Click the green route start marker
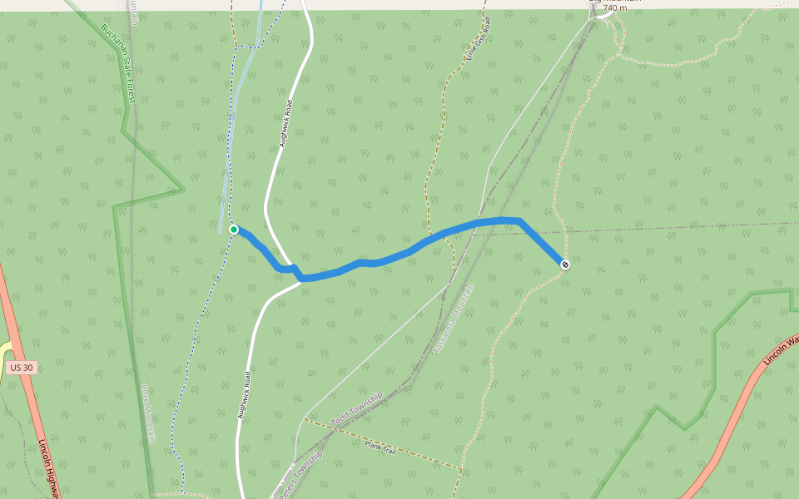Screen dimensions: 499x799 pyautogui.click(x=234, y=230)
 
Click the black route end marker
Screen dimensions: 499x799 pyautogui.click(x=565, y=264)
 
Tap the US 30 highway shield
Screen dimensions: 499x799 pyautogui.click(x=22, y=368)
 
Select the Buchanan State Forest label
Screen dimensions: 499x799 pyautogui.click(x=117, y=62)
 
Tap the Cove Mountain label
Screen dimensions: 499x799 pyautogui.click(x=149, y=413)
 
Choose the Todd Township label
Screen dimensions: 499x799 pyautogui.click(x=357, y=411)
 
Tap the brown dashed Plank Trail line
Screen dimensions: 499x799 pyautogui.click(x=416, y=454)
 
